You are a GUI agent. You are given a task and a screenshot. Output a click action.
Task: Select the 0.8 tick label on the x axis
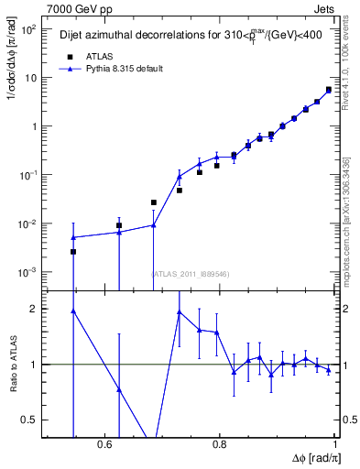click(220, 443)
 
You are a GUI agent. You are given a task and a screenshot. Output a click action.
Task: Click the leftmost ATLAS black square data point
click(73, 252)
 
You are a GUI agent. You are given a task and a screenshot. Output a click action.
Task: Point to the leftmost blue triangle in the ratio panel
click(73, 311)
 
